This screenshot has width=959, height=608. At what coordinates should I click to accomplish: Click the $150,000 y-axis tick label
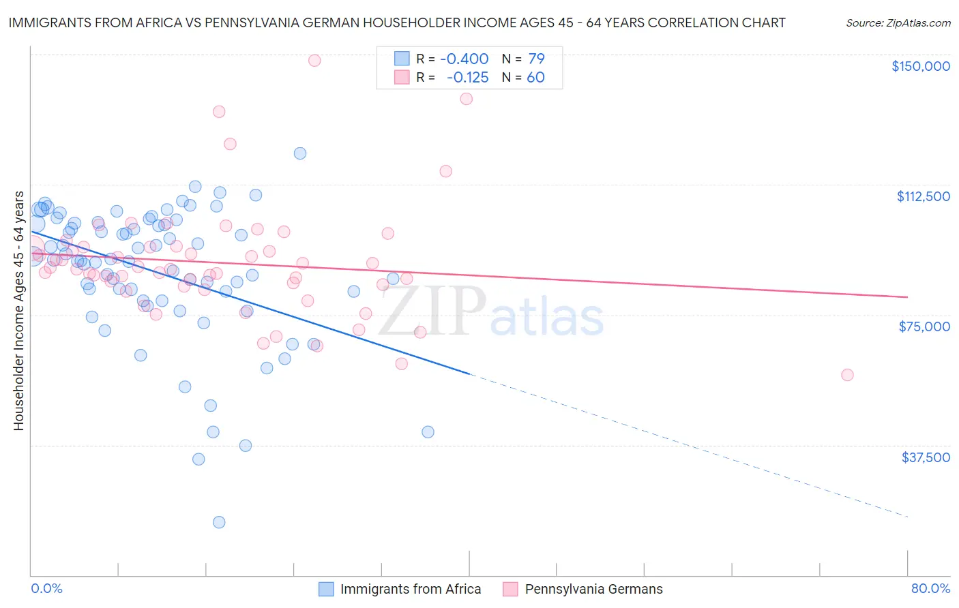click(920, 66)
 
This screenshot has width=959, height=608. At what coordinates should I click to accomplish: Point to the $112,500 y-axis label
click(923, 196)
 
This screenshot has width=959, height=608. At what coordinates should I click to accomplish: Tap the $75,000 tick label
click(924, 326)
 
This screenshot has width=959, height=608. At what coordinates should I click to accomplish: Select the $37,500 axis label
click(926, 457)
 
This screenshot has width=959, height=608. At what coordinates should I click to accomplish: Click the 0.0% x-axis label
click(47, 588)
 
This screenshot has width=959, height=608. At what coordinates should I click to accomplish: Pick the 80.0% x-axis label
click(930, 588)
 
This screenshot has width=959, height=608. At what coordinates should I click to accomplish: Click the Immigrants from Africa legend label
click(411, 589)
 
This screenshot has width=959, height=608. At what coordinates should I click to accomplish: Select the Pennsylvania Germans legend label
click(593, 589)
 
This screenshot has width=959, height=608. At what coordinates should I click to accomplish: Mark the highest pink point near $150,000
click(314, 60)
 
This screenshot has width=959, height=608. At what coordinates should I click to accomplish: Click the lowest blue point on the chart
click(219, 522)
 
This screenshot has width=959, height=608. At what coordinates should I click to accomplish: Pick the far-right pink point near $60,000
click(847, 375)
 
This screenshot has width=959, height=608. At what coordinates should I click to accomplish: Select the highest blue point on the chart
click(300, 153)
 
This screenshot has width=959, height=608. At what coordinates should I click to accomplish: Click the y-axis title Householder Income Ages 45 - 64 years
click(19, 311)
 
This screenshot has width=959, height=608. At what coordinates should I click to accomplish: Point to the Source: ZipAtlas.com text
click(898, 23)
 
